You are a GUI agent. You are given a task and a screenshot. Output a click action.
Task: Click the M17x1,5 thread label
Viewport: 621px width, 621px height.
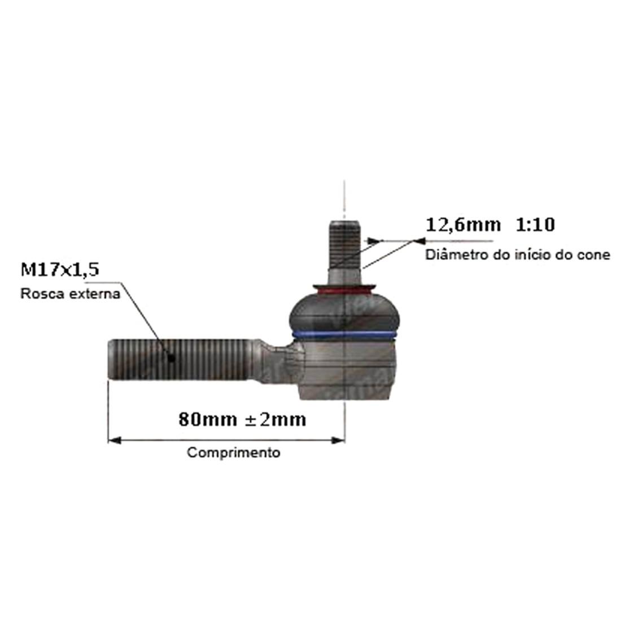click(x=60, y=270)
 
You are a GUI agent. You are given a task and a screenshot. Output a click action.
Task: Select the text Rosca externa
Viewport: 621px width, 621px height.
click(x=70, y=294)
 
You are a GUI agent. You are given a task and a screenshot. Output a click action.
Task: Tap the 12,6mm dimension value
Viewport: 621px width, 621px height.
click(x=463, y=225)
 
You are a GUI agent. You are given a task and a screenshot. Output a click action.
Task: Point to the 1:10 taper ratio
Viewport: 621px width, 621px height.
click(x=535, y=225)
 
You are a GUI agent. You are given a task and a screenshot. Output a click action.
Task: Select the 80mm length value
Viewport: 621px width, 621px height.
click(x=208, y=419)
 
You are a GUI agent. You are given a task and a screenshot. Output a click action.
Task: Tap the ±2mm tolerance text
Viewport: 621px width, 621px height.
click(x=275, y=419)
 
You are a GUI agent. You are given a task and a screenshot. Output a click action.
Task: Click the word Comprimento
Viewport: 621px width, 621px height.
click(x=234, y=452)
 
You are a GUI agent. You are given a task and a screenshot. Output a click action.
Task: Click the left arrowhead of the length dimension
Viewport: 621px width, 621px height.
click(x=115, y=440)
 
